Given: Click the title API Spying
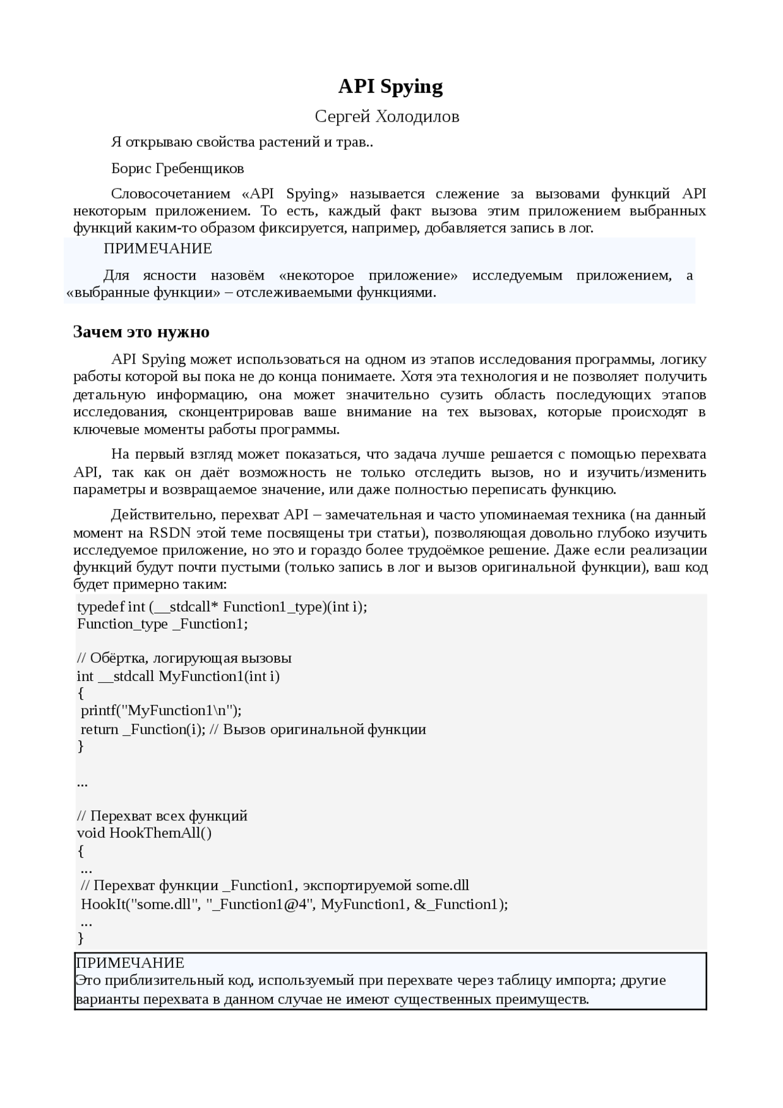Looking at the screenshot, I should pyautogui.click(x=390, y=87).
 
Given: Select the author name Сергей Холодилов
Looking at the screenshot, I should pyautogui.click(x=387, y=116).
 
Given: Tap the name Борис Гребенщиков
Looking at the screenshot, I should pyautogui.click(x=177, y=168).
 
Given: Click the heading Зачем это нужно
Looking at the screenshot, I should pyautogui.click(x=141, y=332).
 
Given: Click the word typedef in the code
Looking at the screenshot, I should pyautogui.click(x=100, y=607).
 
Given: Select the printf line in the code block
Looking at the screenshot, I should pyautogui.click(x=161, y=710).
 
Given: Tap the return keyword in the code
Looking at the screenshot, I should pyautogui.click(x=100, y=729).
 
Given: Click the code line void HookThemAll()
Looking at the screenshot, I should pyautogui.click(x=144, y=833).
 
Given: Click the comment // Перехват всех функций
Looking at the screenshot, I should pyautogui.click(x=162, y=816).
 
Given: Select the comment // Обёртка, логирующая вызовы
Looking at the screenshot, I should pyautogui.click(x=184, y=658).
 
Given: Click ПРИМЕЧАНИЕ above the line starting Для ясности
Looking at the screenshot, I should pyautogui.click(x=158, y=249).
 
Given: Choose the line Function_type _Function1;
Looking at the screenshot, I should pyautogui.click(x=163, y=624).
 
